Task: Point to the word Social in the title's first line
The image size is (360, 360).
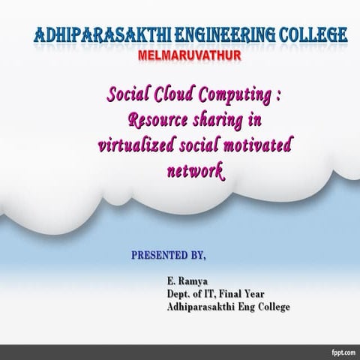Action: click(129, 95)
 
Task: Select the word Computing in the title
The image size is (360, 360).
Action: click(234, 96)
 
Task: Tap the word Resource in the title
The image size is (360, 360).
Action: click(159, 120)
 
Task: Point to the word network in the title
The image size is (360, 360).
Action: click(194, 171)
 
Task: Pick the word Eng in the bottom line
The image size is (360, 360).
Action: click(243, 307)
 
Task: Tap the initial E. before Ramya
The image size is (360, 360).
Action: click(171, 281)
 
